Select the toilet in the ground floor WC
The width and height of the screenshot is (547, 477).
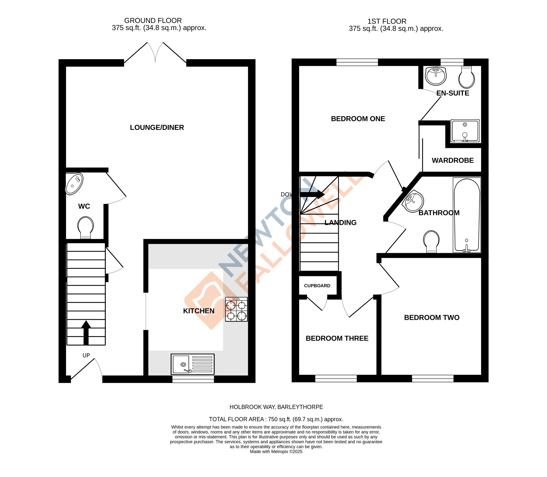click(x=85, y=227)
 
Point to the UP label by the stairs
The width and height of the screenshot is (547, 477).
click(x=86, y=355)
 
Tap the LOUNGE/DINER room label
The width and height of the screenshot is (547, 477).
click(x=157, y=128)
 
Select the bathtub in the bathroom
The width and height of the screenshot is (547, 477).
click(x=467, y=215)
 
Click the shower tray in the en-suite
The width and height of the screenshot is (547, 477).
click(x=465, y=131)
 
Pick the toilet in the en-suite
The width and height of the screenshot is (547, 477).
click(x=466, y=77)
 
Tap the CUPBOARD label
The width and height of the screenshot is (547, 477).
click(x=317, y=286)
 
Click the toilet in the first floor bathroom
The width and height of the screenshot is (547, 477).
click(x=431, y=241)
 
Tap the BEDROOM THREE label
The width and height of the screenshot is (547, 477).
click(x=337, y=338)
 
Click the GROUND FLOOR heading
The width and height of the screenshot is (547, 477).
click(x=153, y=20)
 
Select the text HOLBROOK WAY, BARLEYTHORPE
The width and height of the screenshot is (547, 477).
click(x=276, y=407)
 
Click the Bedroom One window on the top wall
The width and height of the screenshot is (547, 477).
click(x=357, y=62)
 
